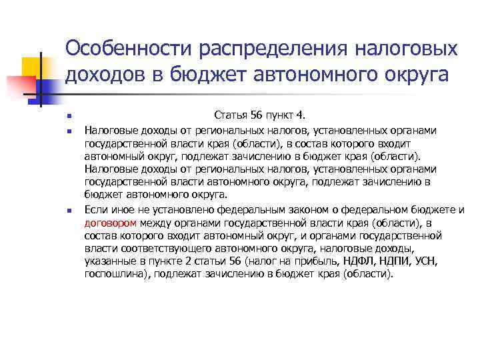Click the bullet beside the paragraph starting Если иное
point(69,211)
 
